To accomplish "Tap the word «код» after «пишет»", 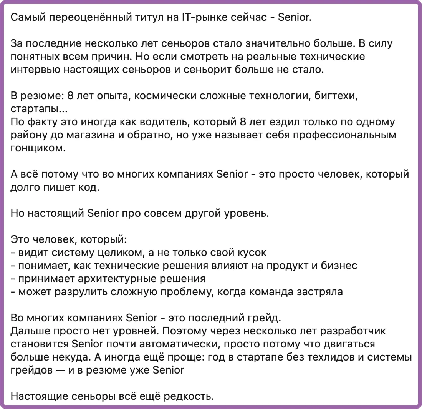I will tap(89, 187).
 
